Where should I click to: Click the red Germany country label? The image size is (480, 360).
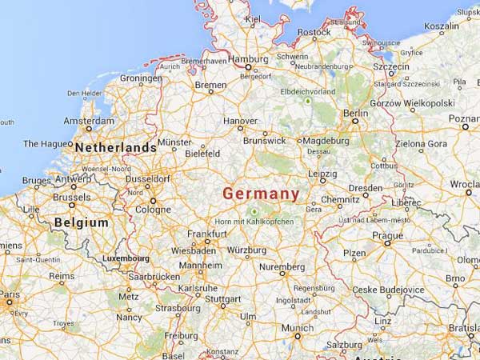point(261,194)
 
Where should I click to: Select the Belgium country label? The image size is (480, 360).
point(81,222)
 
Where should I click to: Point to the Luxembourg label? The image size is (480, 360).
point(126,258)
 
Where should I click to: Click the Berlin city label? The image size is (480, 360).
point(355,114)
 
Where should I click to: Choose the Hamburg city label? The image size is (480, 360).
point(248,59)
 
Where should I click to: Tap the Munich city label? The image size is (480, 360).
point(296,328)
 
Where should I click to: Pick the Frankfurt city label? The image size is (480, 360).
point(207,233)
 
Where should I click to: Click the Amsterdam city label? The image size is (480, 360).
point(88,122)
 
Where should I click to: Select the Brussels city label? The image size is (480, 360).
point(71,197)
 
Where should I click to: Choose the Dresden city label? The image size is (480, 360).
point(365,188)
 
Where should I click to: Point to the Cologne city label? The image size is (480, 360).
point(152,210)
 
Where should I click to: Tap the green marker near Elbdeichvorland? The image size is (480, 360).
point(307,102)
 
